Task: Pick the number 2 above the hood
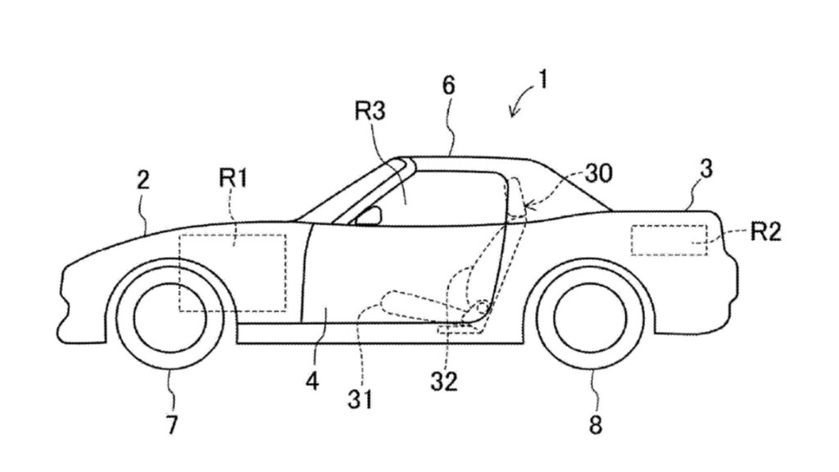coord(143,180)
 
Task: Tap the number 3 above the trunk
coord(706,170)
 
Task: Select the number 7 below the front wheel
coord(171,425)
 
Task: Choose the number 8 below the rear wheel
coord(596,425)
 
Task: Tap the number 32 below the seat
coord(447,381)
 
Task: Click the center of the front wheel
coord(164,317)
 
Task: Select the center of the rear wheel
coord(590,317)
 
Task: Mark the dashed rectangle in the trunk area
coord(669,239)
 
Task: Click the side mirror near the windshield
coord(370,216)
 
